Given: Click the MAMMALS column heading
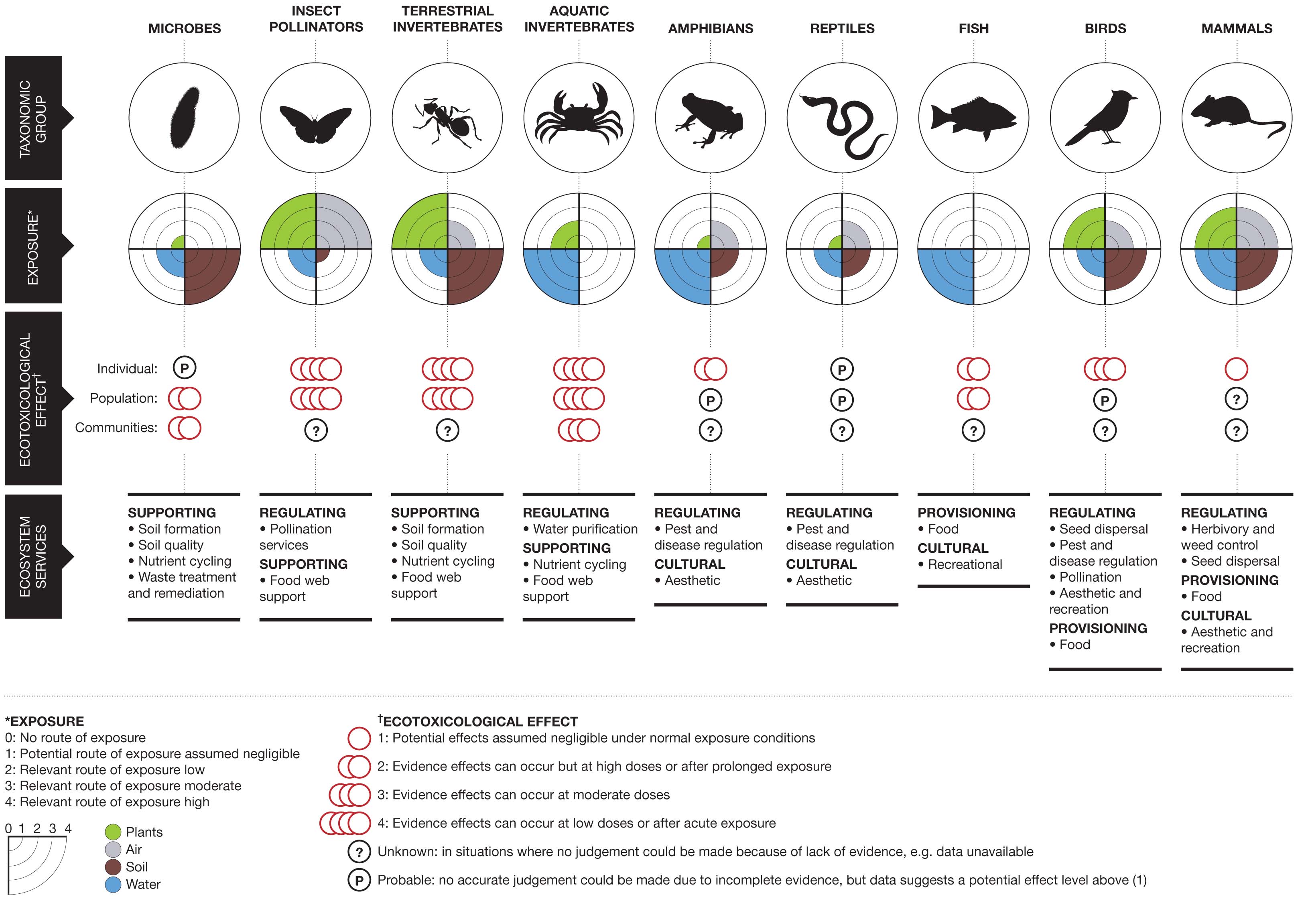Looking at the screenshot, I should pyautogui.click(x=1237, y=28).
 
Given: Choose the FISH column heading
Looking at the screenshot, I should pyautogui.click(x=973, y=28).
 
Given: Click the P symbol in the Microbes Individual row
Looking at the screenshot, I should pyautogui.click(x=185, y=368).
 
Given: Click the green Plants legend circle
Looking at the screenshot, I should pyautogui.click(x=113, y=832).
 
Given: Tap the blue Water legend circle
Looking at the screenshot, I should pyautogui.click(x=113, y=884).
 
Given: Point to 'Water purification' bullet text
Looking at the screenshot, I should pyautogui.click(x=585, y=529).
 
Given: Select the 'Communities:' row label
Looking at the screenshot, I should pyautogui.click(x=116, y=428).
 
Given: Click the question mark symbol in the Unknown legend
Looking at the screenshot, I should pyautogui.click(x=359, y=852).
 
